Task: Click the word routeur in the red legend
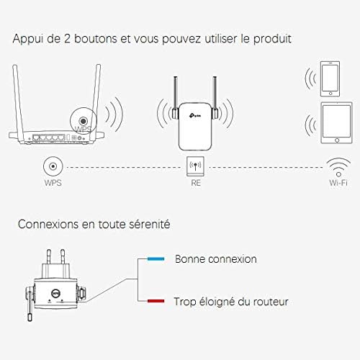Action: tap(269, 302)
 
